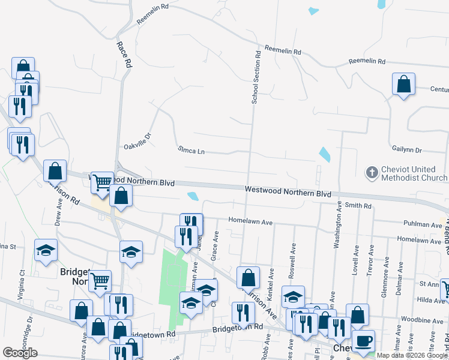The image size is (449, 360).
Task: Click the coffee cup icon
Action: pyautogui.click(x=363, y=341)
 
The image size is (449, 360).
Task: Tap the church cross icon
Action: pyautogui.click(x=372, y=173)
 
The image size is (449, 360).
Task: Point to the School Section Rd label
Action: pyautogui.click(x=256, y=77)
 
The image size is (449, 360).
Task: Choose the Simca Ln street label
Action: pyautogui.click(x=191, y=150)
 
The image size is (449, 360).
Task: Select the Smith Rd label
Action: pyautogui.click(x=358, y=206)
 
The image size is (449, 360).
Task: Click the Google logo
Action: pyautogui.click(x=20, y=353)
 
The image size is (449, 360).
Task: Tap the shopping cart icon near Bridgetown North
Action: pyautogui.click(x=100, y=280)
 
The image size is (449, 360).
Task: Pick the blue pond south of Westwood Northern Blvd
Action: pyautogui.click(x=193, y=196)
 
